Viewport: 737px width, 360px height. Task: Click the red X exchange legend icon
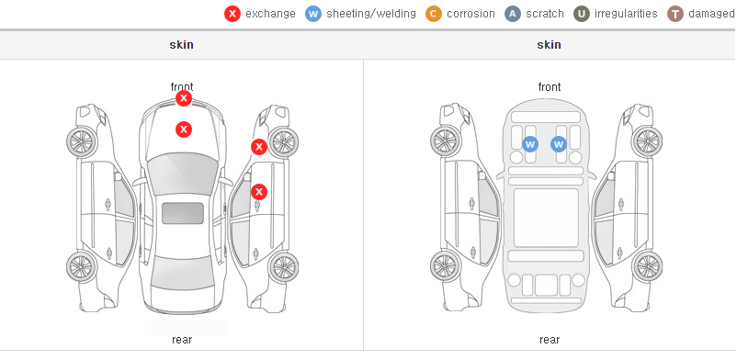pyautogui.click(x=232, y=14)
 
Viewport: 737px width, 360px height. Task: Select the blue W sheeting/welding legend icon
pyautogui.click(x=313, y=14)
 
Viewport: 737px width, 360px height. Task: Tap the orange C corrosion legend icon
pyautogui.click(x=434, y=14)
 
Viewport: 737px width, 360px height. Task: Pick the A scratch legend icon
pyautogui.click(x=513, y=14)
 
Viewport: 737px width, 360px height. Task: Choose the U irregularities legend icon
pyautogui.click(x=582, y=14)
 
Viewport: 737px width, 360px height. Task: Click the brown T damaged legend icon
pyautogui.click(x=675, y=14)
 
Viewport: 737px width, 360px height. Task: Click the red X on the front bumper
pyautogui.click(x=184, y=98)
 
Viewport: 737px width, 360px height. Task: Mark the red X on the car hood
pyautogui.click(x=184, y=129)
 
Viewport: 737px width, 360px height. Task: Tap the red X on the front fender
pyautogui.click(x=259, y=147)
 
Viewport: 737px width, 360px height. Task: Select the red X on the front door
pyautogui.click(x=259, y=192)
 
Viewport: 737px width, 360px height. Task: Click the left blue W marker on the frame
pyautogui.click(x=530, y=144)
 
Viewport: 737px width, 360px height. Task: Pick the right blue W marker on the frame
pyautogui.click(x=559, y=144)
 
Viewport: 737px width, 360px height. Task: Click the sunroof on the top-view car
pyautogui.click(x=183, y=213)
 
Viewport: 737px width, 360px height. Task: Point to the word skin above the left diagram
pyautogui.click(x=181, y=45)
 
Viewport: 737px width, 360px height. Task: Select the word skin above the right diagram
pyautogui.click(x=549, y=45)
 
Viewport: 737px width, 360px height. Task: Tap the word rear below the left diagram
pyautogui.click(x=182, y=340)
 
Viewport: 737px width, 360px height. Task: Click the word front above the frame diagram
pyautogui.click(x=550, y=87)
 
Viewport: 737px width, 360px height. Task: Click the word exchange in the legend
pyautogui.click(x=270, y=14)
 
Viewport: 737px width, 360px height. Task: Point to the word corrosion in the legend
pyautogui.click(x=471, y=14)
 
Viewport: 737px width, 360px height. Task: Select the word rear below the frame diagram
pyautogui.click(x=550, y=340)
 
